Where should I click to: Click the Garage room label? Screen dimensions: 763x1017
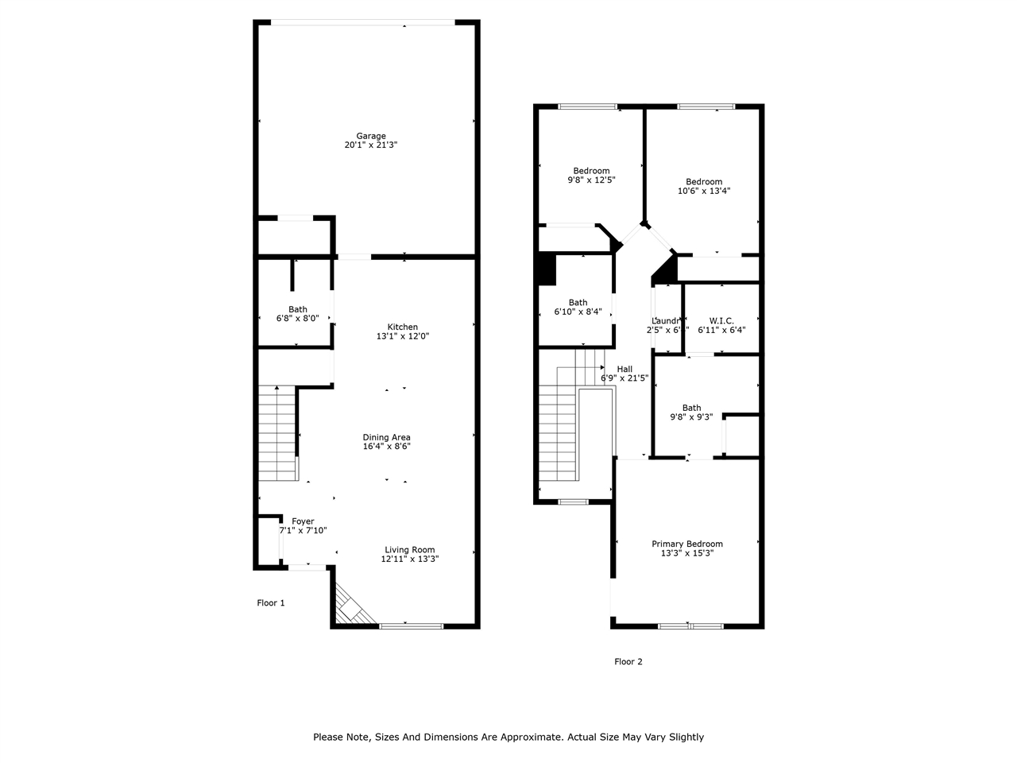[370, 136]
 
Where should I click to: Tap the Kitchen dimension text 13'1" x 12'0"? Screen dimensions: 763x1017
[402, 336]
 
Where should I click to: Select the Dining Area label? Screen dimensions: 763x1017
[386, 437]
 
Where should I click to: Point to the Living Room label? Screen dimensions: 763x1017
[409, 550]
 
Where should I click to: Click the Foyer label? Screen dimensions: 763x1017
[303, 521]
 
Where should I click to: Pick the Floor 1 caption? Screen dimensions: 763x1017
[270, 602]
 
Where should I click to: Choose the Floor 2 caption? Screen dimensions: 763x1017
[628, 661]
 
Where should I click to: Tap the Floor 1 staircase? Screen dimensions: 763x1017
[276, 433]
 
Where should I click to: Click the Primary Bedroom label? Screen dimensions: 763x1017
[687, 544]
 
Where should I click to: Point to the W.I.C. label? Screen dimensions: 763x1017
[721, 320]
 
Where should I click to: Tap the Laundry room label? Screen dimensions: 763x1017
[665, 320]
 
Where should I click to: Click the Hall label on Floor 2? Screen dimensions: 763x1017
[625, 369]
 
